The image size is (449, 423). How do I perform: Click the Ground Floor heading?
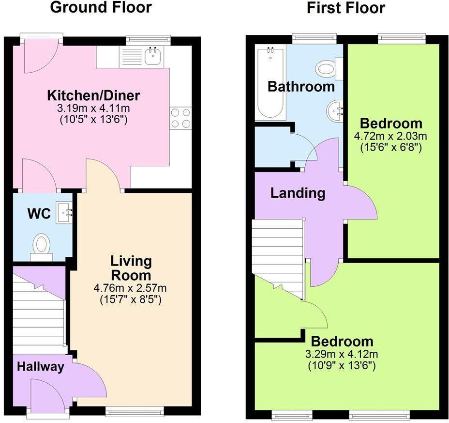[101, 8]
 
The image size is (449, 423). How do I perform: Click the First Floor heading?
[345, 8]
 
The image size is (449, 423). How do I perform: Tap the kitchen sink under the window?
[153, 56]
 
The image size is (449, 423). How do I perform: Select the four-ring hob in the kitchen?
[180, 118]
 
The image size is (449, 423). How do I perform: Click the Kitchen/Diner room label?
[93, 95]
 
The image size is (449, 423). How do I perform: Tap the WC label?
[39, 214]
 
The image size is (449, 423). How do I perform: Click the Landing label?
[298, 193]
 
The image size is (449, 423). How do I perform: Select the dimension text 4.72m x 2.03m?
[391, 137]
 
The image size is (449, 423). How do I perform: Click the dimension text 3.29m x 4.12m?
[342, 354]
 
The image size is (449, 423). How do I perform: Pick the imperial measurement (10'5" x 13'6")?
[93, 119]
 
